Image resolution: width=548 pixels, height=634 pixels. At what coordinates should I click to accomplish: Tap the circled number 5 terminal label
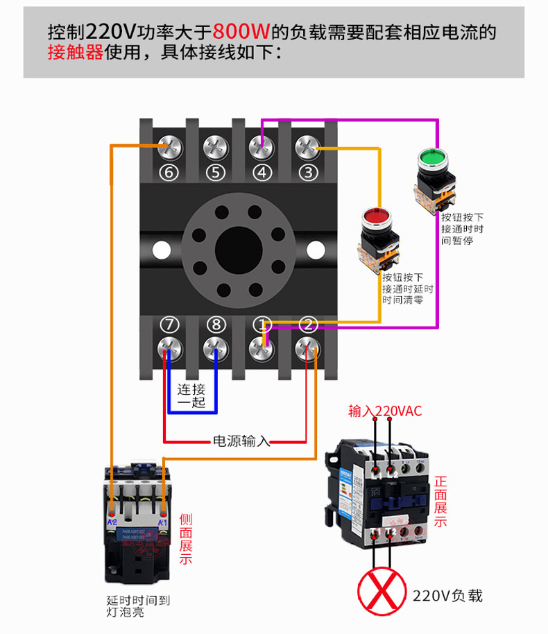click(x=216, y=173)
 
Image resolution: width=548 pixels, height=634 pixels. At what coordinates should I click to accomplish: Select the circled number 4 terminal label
click(x=262, y=173)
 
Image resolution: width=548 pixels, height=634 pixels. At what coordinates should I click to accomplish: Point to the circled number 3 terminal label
click(x=307, y=173)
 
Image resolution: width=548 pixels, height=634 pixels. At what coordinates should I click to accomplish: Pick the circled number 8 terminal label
click(x=216, y=325)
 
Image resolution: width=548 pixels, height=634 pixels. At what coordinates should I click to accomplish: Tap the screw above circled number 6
click(x=170, y=147)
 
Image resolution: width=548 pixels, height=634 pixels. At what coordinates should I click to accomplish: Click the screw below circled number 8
click(x=216, y=348)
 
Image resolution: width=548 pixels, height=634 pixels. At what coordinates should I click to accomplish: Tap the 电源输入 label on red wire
click(x=241, y=440)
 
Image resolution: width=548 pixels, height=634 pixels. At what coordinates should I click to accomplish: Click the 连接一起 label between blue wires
click(x=191, y=395)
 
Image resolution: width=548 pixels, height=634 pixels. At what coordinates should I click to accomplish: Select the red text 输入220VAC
click(x=385, y=411)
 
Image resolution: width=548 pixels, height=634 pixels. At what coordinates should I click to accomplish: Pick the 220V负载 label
click(x=447, y=595)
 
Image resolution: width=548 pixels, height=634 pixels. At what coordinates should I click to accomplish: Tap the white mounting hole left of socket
click(x=161, y=248)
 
